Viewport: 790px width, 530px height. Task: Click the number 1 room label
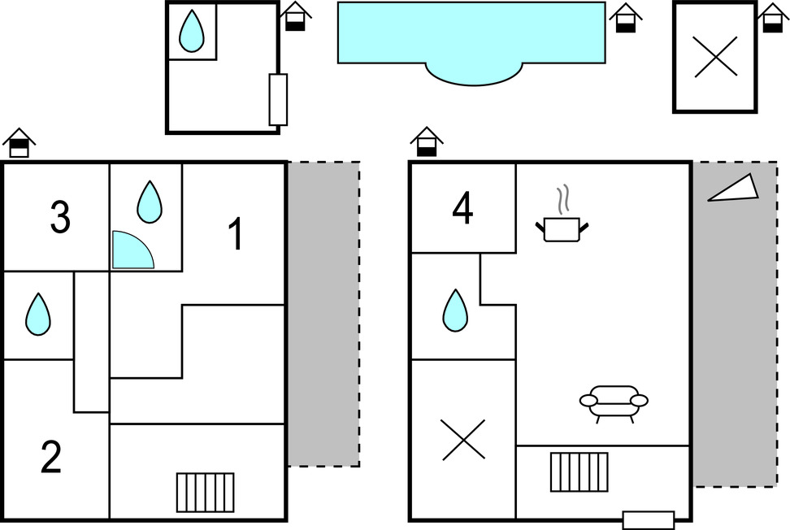tap(235, 236)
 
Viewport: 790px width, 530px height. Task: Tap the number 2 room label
tap(51, 458)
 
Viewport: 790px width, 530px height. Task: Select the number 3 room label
tap(60, 218)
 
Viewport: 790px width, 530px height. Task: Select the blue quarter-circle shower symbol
tap(130, 251)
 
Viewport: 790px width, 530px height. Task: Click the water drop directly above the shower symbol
tap(149, 202)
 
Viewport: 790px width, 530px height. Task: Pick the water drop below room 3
tap(37, 314)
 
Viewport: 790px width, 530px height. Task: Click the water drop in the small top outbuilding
tap(191, 31)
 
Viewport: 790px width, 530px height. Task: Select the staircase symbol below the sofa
tap(579, 471)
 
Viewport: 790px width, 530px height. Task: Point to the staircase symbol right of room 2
tap(205, 492)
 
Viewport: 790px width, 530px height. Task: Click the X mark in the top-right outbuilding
tap(716, 56)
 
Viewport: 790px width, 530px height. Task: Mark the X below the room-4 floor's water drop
tap(462, 440)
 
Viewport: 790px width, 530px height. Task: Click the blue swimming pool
tap(471, 37)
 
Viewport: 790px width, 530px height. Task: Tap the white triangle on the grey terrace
tap(736, 189)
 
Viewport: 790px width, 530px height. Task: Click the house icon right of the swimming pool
tap(626, 17)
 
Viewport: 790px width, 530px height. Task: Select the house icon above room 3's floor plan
tap(20, 143)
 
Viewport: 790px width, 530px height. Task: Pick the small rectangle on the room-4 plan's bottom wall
tap(648, 519)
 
